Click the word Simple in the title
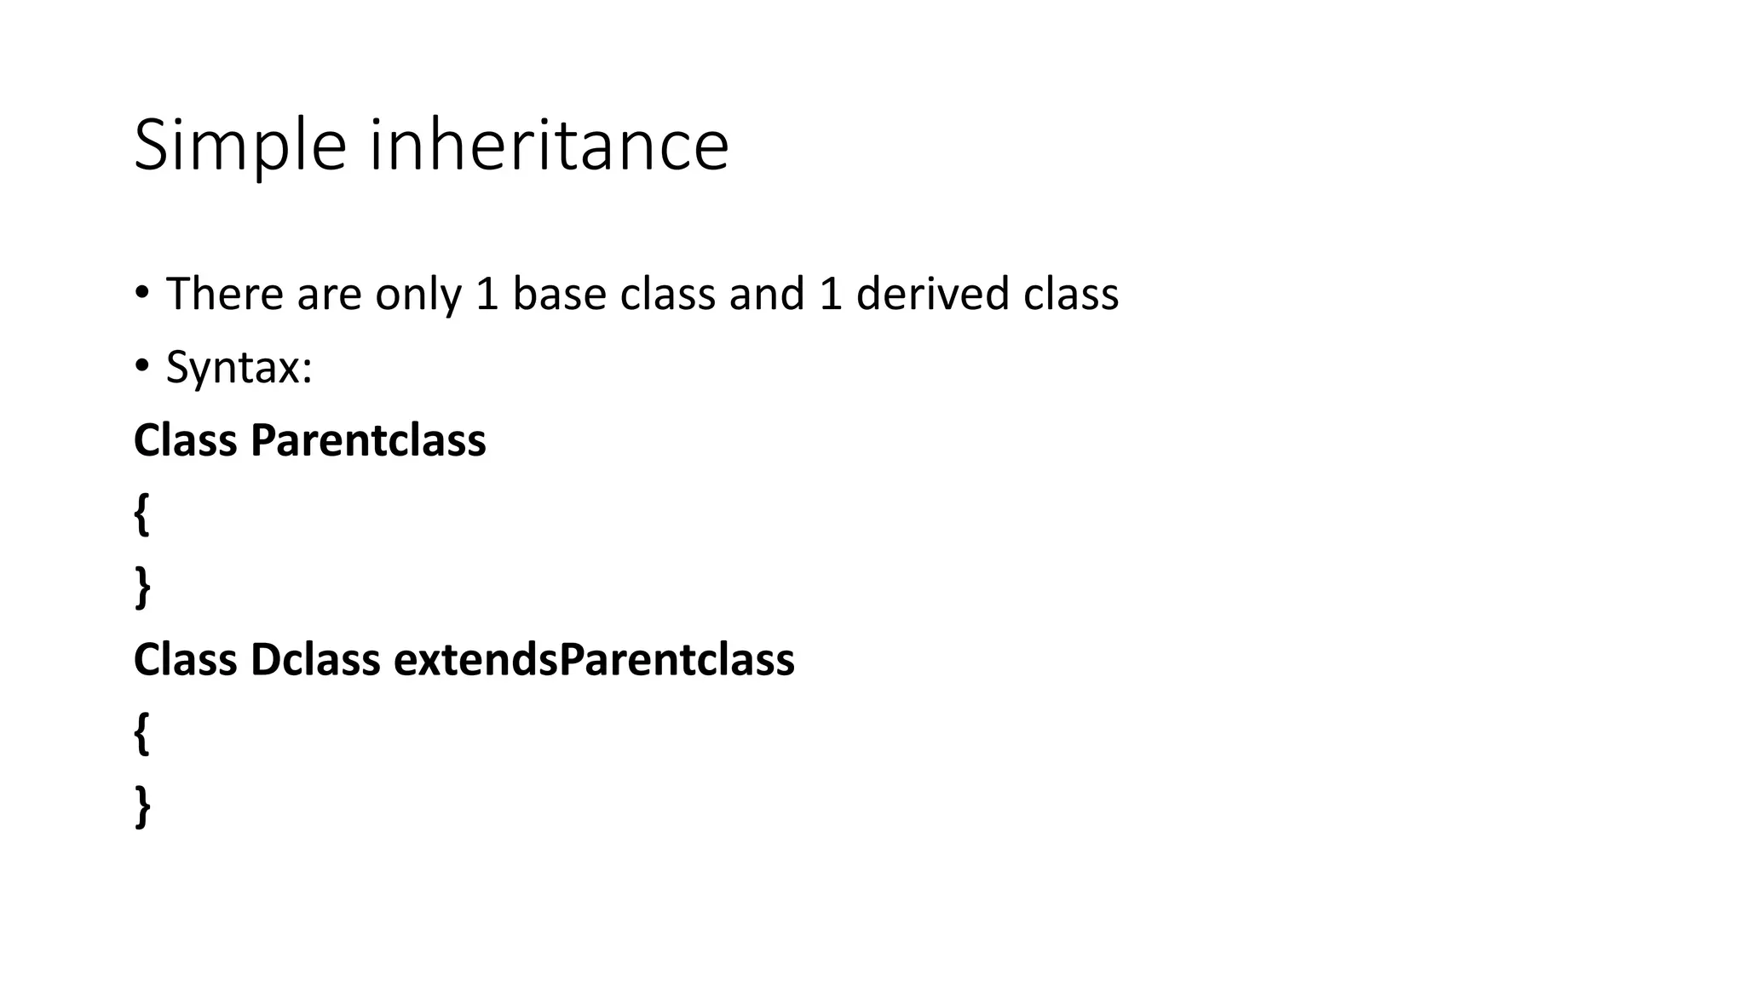point(239,146)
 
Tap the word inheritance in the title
point(549,145)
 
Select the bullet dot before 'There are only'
point(141,293)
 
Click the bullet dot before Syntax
point(141,366)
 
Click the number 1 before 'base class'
point(487,294)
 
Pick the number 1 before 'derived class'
point(831,294)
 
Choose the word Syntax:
point(239,369)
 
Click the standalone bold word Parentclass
point(368,441)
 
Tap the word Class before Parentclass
point(185,441)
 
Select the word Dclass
point(315,660)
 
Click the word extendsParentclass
point(594,660)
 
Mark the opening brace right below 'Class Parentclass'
point(142,514)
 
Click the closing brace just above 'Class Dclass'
point(142,588)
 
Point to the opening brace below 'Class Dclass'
point(142,733)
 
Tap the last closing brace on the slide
point(142,806)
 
